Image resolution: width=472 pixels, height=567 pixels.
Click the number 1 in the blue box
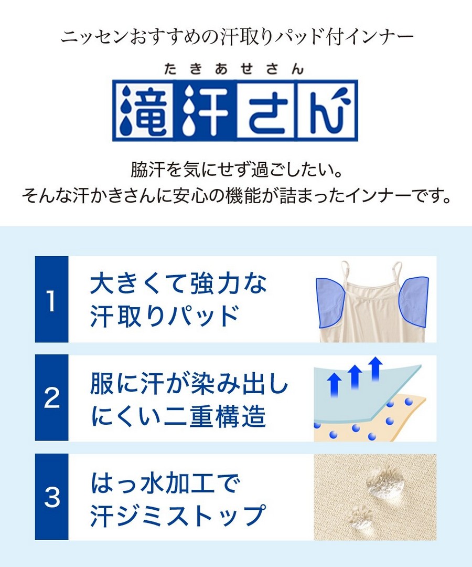pyautogui.click(x=51, y=301)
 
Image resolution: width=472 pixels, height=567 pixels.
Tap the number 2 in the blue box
pyautogui.click(x=51, y=398)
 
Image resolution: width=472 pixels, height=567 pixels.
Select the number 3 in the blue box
pyautogui.click(x=51, y=497)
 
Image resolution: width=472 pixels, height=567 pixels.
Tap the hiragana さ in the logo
pyautogui.click(x=267, y=110)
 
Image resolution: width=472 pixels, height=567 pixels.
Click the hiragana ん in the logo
pyautogui.click(x=327, y=110)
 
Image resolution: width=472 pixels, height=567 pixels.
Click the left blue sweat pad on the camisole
pyautogui.click(x=331, y=302)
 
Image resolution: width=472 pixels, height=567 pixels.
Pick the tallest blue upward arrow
pyautogui.click(x=377, y=368)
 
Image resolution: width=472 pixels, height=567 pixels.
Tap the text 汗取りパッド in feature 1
pyautogui.click(x=164, y=316)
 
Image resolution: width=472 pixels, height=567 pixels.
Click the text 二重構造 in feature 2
pyautogui.click(x=216, y=416)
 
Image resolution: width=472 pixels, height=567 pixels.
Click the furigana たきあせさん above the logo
pyautogui.click(x=234, y=69)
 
